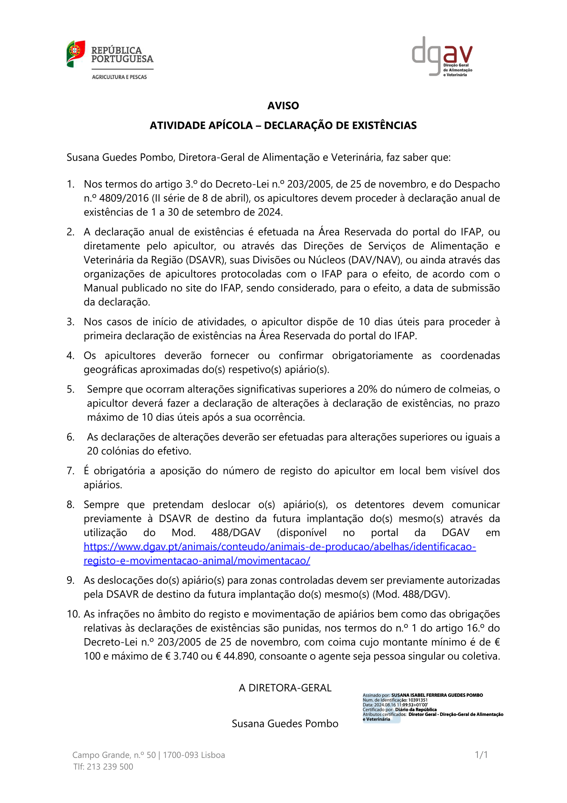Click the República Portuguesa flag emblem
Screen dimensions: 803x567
[76, 54]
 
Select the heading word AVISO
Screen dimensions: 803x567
[283, 106]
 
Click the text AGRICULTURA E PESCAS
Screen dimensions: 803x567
[119, 77]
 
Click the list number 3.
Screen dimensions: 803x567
[70, 322]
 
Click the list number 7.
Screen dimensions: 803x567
[70, 471]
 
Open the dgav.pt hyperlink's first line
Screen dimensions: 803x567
[280, 547]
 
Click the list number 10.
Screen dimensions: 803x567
[73, 614]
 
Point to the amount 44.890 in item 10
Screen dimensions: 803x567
[239, 656]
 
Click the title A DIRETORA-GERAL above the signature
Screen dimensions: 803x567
[285, 688]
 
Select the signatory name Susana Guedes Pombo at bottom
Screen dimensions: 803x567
[285, 724]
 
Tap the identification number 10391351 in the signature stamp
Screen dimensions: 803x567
[418, 700]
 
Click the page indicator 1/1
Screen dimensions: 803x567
[481, 755]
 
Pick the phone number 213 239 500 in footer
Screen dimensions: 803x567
[110, 767]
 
